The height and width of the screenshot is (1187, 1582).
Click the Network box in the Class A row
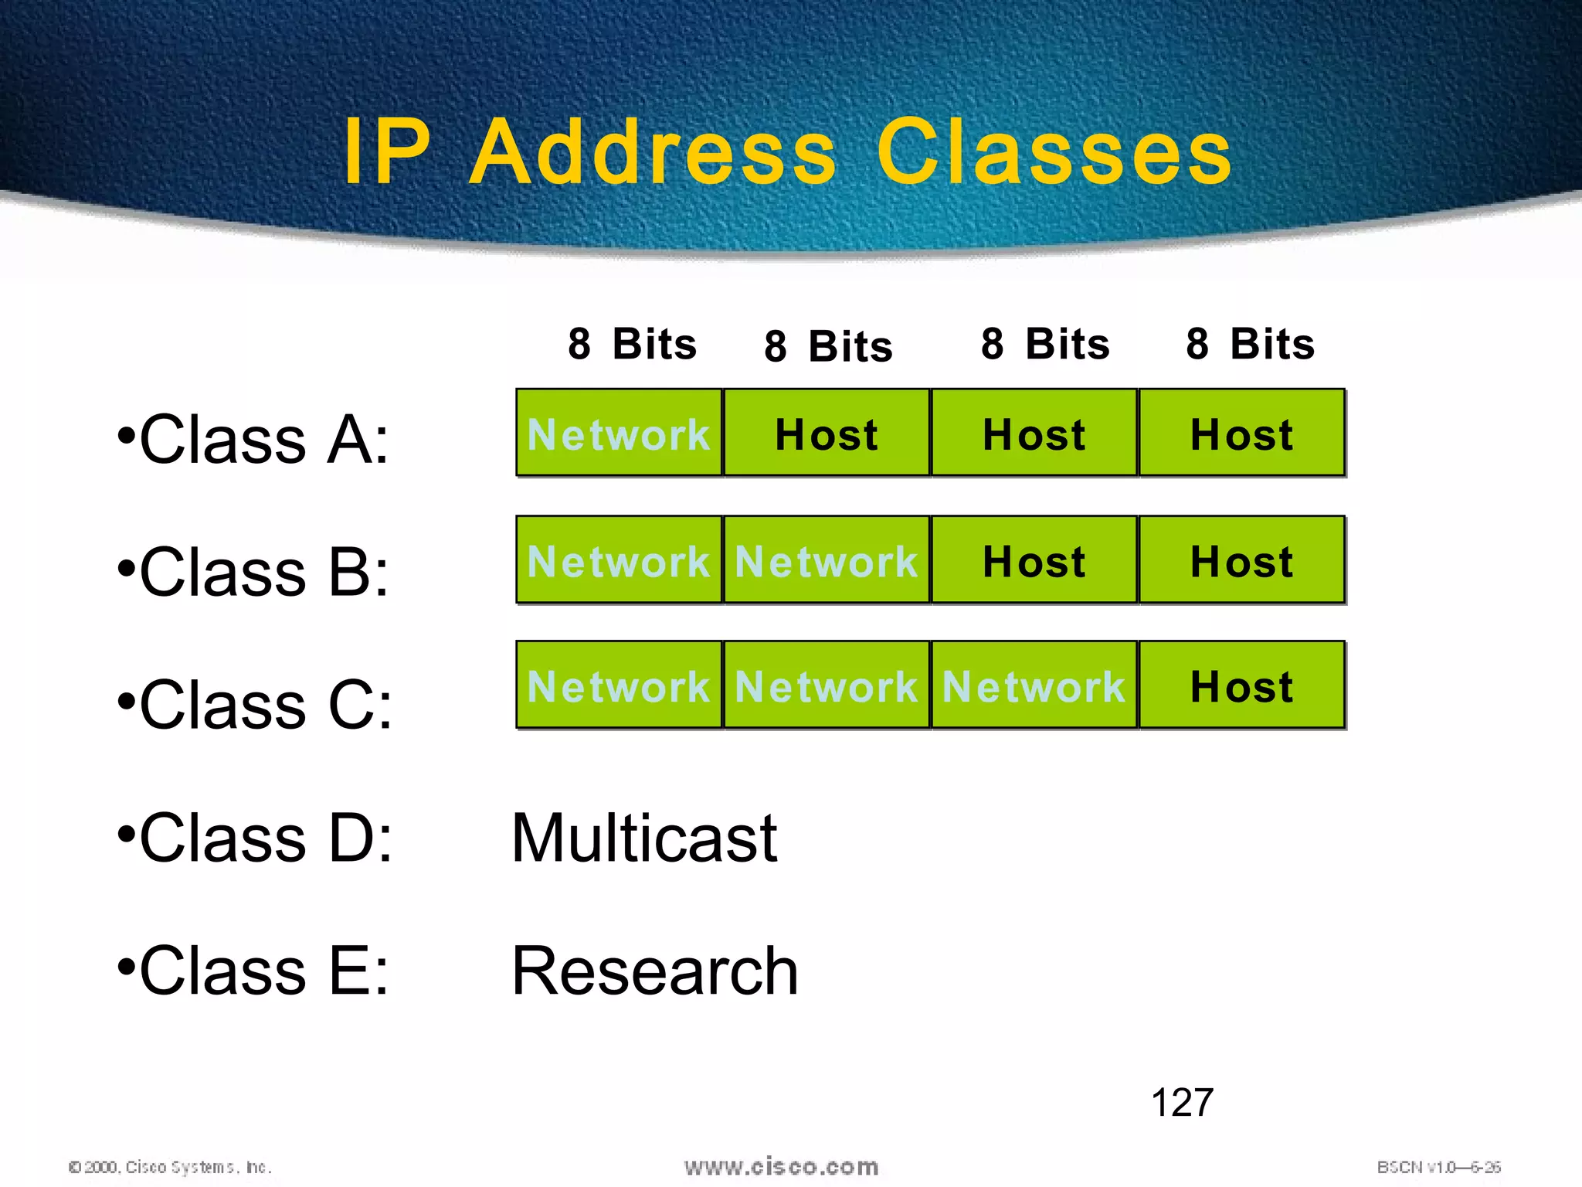pyautogui.click(x=619, y=433)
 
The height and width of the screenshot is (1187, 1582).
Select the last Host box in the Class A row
pyautogui.click(x=1241, y=433)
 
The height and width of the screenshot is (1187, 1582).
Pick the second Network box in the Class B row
pyautogui.click(x=826, y=560)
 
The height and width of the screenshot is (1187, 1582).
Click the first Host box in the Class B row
pyautogui.click(x=1034, y=560)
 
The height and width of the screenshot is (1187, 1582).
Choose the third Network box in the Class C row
pyautogui.click(x=1034, y=685)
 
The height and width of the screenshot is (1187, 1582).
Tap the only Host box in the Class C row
pyautogui.click(x=1241, y=685)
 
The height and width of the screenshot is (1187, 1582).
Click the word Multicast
pyautogui.click(x=644, y=838)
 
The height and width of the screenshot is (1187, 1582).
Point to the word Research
pyautogui.click(x=654, y=971)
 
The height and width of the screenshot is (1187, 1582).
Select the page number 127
pyautogui.click(x=1182, y=1103)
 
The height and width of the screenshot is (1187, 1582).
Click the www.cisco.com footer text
pyautogui.click(x=781, y=1167)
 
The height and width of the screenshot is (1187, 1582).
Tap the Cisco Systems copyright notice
pyautogui.click(x=170, y=1167)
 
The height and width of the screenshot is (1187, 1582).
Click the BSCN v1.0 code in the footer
pyautogui.click(x=1438, y=1167)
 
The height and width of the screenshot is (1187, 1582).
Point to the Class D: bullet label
pyautogui.click(x=255, y=838)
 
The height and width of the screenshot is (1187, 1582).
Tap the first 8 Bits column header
pyautogui.click(x=632, y=344)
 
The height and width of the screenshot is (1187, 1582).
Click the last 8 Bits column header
pyautogui.click(x=1250, y=344)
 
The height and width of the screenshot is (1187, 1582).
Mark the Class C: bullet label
pyautogui.click(x=255, y=705)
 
